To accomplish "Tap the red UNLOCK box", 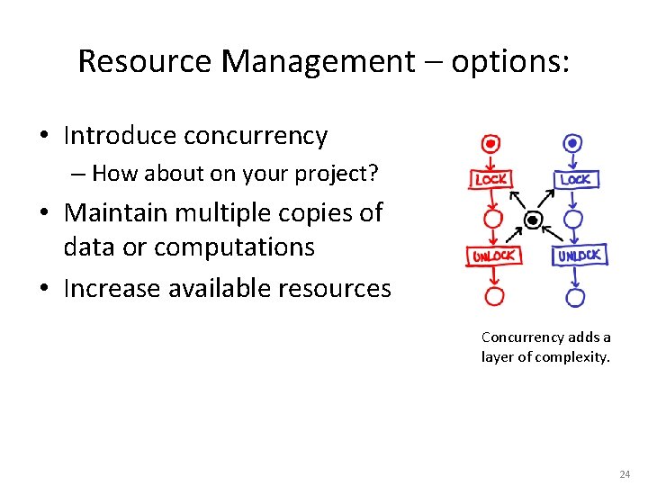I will point(492,256).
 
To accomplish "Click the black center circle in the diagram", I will point(533,220).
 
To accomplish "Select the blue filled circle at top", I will point(572,144).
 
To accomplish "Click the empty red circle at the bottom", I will point(493,295).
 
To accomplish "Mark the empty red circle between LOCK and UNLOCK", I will point(492,219).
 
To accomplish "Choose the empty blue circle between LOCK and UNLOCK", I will point(573,219).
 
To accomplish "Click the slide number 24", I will point(625,473).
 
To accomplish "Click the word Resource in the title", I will point(145,61).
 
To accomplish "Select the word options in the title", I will point(509,61).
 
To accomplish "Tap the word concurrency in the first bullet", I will point(256,136).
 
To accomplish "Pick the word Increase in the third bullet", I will point(108,289).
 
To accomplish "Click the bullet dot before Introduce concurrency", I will point(43,137).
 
